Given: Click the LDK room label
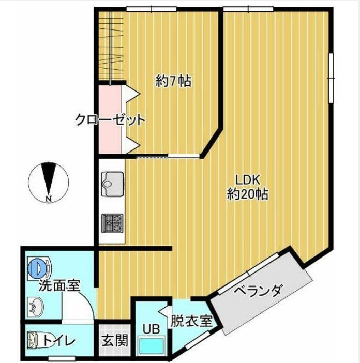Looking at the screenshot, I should (x=247, y=179).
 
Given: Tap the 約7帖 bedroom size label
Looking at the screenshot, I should (x=174, y=81).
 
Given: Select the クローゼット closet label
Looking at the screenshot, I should (x=110, y=120).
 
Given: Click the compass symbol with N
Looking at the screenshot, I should (x=49, y=180).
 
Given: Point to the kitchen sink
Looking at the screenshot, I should (x=112, y=183).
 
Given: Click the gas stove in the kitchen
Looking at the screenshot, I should (x=112, y=223).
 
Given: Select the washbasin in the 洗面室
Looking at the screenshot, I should (x=36, y=307).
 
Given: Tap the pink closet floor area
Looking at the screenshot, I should (x=110, y=137).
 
